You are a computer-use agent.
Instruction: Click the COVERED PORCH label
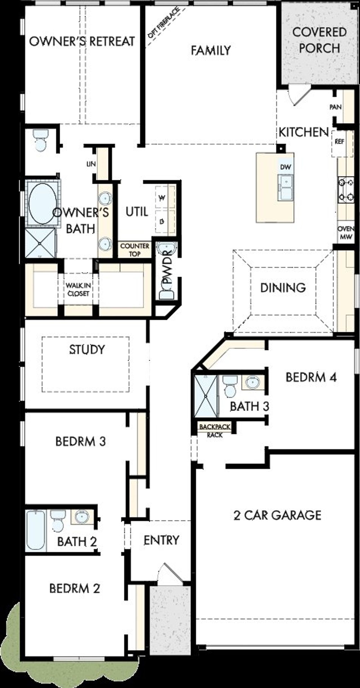319,40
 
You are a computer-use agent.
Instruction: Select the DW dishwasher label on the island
285,167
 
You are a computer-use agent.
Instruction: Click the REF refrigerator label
339,142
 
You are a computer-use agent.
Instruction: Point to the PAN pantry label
335,107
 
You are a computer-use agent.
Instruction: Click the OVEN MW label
346,233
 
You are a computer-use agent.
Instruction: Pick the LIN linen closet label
91,164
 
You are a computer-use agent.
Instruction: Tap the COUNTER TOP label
135,250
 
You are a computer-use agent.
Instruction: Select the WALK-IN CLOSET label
78,290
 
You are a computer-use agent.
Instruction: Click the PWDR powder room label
168,271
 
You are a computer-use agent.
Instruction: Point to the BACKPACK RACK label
215,430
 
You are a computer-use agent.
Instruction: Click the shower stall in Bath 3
206,396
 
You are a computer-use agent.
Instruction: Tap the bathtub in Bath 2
36,531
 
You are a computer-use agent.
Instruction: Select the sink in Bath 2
82,516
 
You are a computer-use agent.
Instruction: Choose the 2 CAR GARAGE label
277,515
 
